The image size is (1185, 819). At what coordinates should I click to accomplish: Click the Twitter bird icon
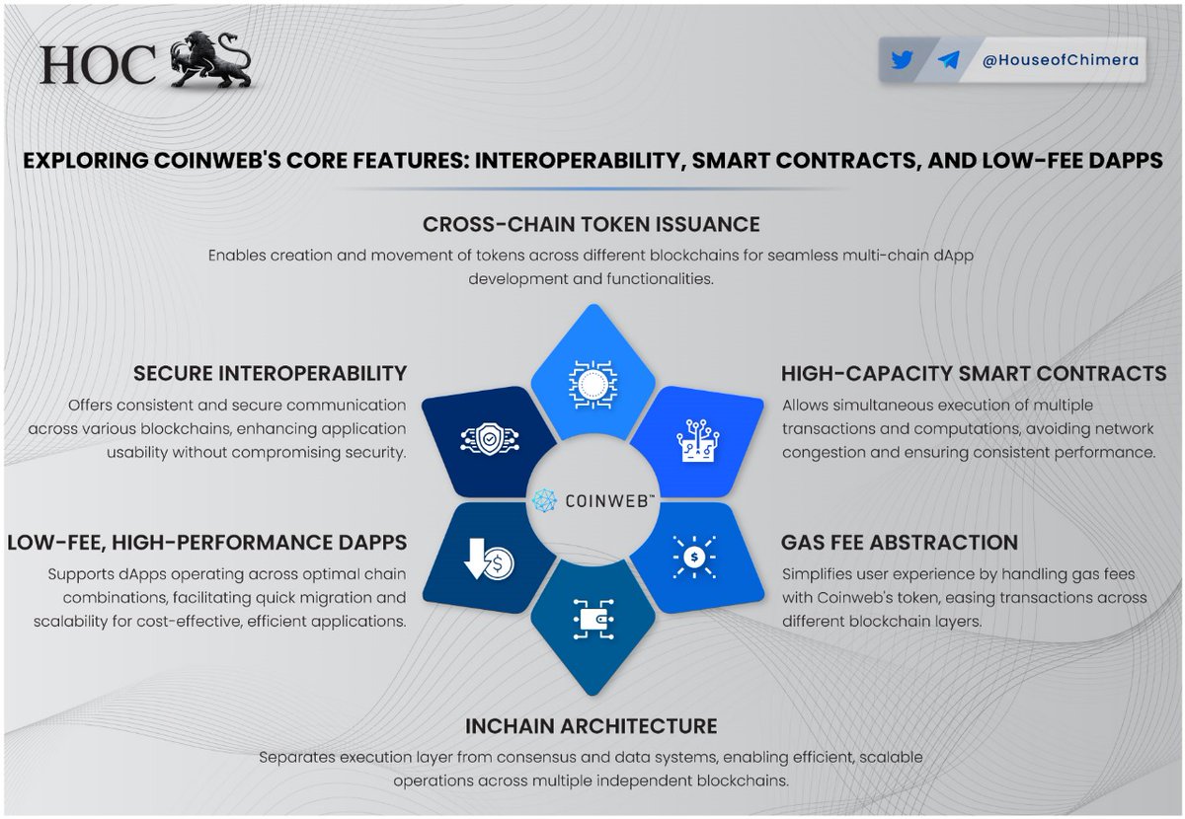point(901,60)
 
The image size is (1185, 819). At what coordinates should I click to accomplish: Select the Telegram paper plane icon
point(948,60)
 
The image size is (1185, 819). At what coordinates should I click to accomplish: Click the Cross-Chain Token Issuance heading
point(592,225)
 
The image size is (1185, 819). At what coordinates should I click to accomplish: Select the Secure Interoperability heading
point(269,373)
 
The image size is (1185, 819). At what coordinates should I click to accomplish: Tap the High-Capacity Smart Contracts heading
point(974,374)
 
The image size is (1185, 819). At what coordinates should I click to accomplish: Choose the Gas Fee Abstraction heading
point(899,543)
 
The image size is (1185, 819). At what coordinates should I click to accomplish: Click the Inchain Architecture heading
point(592,726)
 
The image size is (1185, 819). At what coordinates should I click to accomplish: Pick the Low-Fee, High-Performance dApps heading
point(206,543)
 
